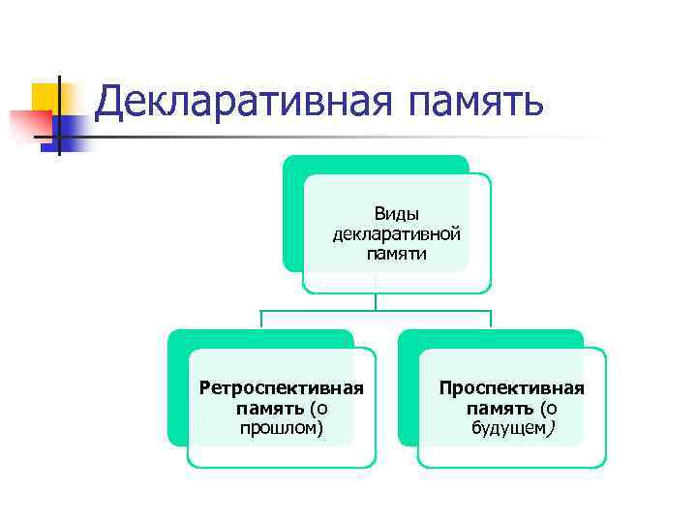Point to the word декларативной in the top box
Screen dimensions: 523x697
click(396, 234)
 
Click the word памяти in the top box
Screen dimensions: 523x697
click(396, 254)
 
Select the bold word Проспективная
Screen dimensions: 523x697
click(511, 388)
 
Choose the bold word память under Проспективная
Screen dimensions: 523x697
click(500, 408)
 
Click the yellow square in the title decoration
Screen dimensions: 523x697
click(45, 96)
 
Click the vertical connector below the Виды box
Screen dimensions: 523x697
click(377, 301)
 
